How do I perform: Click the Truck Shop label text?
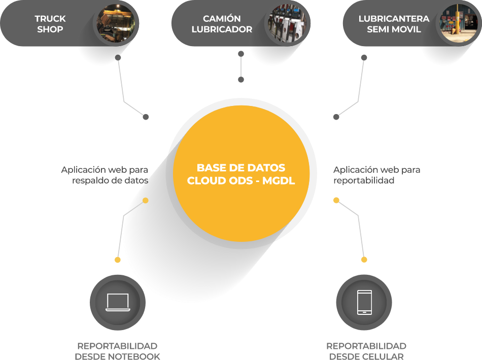50,24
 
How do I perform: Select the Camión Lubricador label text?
222,24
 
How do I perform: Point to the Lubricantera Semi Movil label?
394,24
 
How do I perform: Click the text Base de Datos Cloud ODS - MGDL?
241,174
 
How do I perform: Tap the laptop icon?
118,302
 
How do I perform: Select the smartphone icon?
364,302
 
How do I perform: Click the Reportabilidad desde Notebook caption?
117,351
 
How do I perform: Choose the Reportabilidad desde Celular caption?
366,351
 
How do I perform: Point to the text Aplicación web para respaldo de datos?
105,175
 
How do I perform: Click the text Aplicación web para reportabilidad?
377,175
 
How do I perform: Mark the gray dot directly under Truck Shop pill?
118,58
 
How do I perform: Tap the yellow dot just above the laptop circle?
118,260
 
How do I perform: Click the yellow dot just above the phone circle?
364,260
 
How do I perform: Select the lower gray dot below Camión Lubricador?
241,80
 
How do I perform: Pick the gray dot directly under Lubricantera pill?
364,58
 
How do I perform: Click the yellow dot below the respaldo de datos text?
146,201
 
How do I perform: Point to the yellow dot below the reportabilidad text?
336,200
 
